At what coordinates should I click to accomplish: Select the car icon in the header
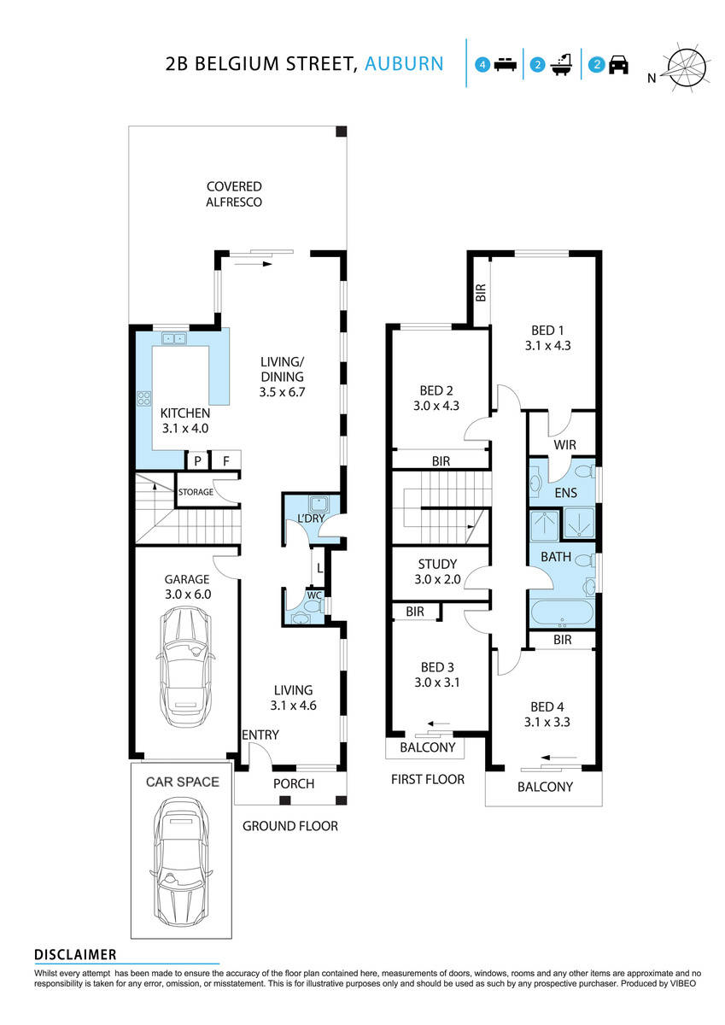(618, 65)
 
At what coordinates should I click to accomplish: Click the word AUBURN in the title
(404, 63)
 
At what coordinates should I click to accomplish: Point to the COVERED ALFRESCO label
(233, 194)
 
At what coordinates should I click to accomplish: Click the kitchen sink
(175, 339)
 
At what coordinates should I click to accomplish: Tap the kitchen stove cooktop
(143, 398)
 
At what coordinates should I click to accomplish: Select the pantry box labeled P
(197, 461)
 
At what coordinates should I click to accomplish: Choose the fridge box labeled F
(226, 461)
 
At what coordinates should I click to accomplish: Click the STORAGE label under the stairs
(196, 493)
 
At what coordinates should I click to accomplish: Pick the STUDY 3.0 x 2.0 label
(437, 571)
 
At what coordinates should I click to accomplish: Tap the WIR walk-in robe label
(564, 445)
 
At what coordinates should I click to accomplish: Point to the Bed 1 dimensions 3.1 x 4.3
(547, 346)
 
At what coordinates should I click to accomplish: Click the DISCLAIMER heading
(75, 954)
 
